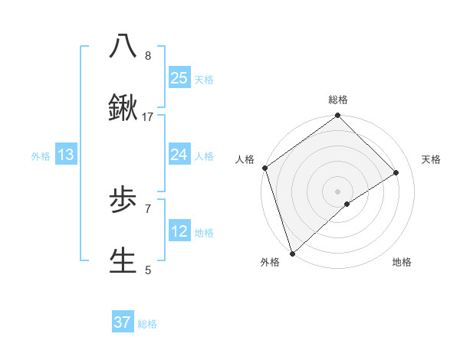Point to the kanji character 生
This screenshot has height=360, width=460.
pyautogui.click(x=123, y=260)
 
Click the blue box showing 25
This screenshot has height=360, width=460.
pyautogui.click(x=179, y=78)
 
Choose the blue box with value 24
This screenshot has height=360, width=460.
pyautogui.click(x=179, y=155)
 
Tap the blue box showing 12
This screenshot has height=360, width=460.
pyautogui.click(x=179, y=232)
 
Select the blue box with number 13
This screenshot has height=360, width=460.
pyautogui.click(x=66, y=155)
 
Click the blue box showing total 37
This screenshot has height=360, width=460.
pyautogui.click(x=123, y=322)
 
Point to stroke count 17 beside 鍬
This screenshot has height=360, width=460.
pyautogui.click(x=148, y=117)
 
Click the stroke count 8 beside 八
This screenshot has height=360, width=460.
pyautogui.click(x=148, y=56)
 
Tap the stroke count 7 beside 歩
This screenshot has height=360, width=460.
pyautogui.click(x=148, y=208)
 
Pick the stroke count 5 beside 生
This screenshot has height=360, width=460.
pyautogui.click(x=148, y=270)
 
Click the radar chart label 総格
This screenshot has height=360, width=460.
pyautogui.click(x=338, y=100)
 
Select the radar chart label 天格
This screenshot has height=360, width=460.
pyautogui.click(x=431, y=159)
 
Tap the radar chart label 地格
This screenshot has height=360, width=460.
pyautogui.click(x=402, y=263)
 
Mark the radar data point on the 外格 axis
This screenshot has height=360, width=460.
pyautogui.click(x=291, y=254)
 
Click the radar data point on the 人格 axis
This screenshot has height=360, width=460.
pyautogui.click(x=264, y=168)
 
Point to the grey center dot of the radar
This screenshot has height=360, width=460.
pyautogui.click(x=337, y=191)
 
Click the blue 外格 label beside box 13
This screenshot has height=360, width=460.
pyautogui.click(x=41, y=156)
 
